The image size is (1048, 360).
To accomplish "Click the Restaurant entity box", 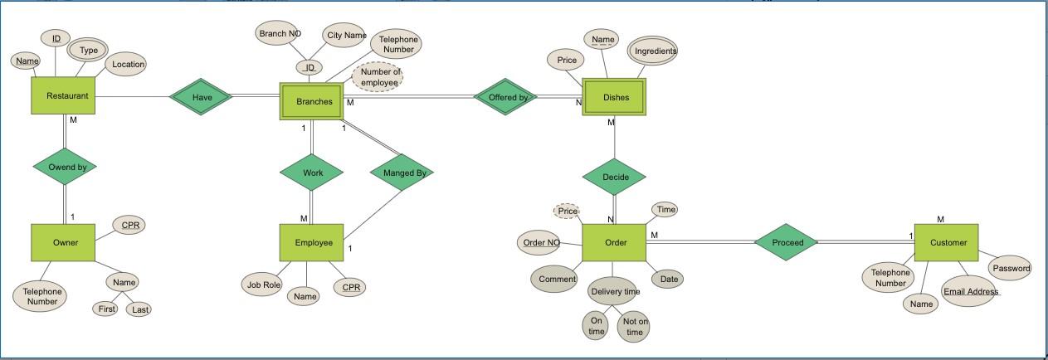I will pos(66,96).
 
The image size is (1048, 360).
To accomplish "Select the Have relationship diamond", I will pos(202,97).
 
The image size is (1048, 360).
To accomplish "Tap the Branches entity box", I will pos(314,101).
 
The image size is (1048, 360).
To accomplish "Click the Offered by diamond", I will pos(507,97).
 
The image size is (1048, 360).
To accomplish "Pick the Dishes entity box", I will pos(615,97).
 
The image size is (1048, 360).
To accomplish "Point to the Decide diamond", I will pos(615,177).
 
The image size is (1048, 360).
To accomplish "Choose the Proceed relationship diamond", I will pos(787,242).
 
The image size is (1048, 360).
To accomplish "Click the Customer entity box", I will pos(947,242).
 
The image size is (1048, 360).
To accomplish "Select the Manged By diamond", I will pos(403,173).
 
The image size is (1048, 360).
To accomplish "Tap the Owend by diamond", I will pos(66,167).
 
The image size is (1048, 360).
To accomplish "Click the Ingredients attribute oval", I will pos(654,51).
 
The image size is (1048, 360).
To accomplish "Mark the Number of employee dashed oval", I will pos(379,77).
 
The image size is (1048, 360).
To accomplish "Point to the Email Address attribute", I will pos(970,292).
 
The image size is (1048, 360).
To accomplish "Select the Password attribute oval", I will pos(1011,268).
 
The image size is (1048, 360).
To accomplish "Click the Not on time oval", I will pos(634,327).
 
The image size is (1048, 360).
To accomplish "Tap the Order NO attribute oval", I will pos(540,242).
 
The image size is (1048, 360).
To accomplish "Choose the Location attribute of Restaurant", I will pos(128,64).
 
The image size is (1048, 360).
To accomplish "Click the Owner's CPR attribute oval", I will pos(130,225).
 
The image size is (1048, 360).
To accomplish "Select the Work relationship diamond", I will pos(312,173).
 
